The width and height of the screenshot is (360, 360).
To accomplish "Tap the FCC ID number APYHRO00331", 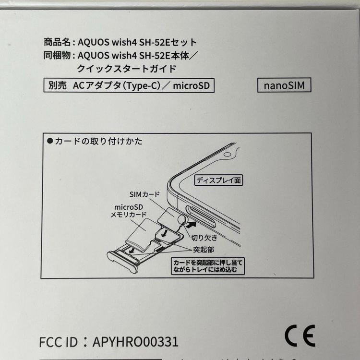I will point(136,342).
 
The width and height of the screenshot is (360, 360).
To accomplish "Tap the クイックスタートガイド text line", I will point(126,69).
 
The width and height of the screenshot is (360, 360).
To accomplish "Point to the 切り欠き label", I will point(204,238).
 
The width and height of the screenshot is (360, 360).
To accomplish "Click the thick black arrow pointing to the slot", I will point(191,223).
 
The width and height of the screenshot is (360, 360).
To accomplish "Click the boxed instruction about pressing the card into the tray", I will point(208,266).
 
